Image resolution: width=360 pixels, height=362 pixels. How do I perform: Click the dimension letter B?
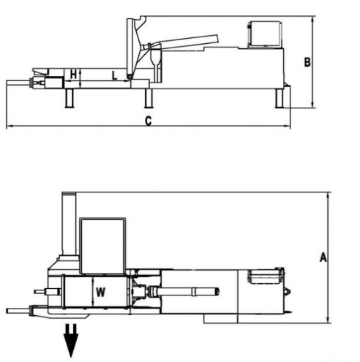pos(307,62)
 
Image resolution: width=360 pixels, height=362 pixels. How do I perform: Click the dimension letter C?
pos(149,121)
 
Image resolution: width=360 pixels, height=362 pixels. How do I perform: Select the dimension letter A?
pos(323,257)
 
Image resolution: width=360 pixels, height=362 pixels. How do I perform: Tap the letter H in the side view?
pos(73,74)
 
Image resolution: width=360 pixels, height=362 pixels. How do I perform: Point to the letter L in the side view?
pos(114,75)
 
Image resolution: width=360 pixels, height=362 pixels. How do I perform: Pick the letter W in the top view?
pos(100,292)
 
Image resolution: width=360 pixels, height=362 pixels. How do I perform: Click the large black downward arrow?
pos(71,340)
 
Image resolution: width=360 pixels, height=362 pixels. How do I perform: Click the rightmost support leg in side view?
pos(280,98)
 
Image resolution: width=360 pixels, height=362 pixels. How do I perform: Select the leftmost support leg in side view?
pos(70,98)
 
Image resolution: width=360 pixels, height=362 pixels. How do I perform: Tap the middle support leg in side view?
pos(149,98)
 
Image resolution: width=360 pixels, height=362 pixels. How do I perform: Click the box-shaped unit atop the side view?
pos(265,34)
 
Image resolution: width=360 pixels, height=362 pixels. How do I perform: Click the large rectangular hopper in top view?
pos(103,246)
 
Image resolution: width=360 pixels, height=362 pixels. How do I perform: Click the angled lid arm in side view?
pos(185,42)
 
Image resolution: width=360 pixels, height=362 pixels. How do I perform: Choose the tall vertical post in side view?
pos(131,48)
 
